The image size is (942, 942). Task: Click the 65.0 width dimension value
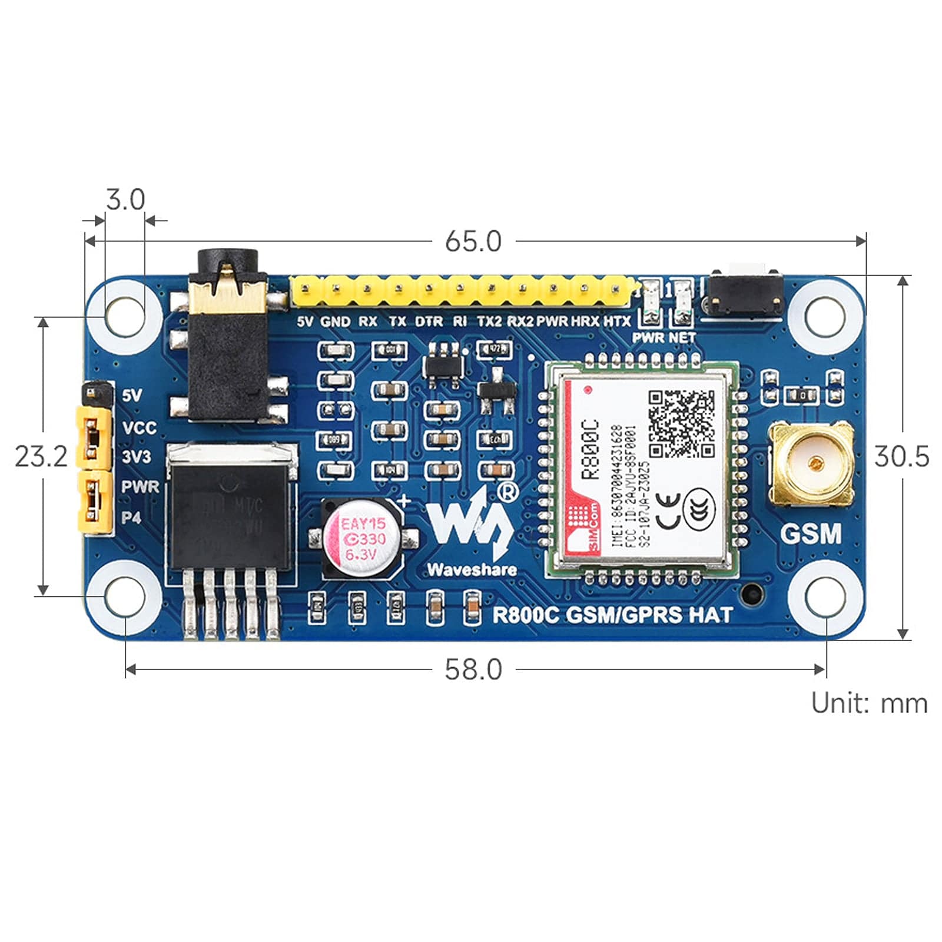coord(473,241)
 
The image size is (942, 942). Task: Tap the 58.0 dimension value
coord(473,669)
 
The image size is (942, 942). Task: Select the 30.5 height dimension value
coord(901,456)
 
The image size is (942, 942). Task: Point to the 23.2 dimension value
coord(41,456)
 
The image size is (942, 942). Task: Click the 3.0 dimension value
coord(125,200)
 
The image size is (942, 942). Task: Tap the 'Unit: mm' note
coord(869,703)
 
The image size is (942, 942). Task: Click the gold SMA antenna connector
coord(811,463)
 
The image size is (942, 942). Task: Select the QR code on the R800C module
coord(681,423)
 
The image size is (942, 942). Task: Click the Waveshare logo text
coord(472,569)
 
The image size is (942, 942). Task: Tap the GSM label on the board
coord(811,534)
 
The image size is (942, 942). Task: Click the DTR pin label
coord(429,321)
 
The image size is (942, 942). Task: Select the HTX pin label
coord(616,321)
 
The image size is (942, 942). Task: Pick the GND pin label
coord(335,321)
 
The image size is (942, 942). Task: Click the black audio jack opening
coord(228,260)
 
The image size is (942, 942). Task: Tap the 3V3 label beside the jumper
coord(136,456)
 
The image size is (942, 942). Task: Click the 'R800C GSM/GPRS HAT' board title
coord(612,615)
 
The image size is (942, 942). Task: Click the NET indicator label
coord(682,337)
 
